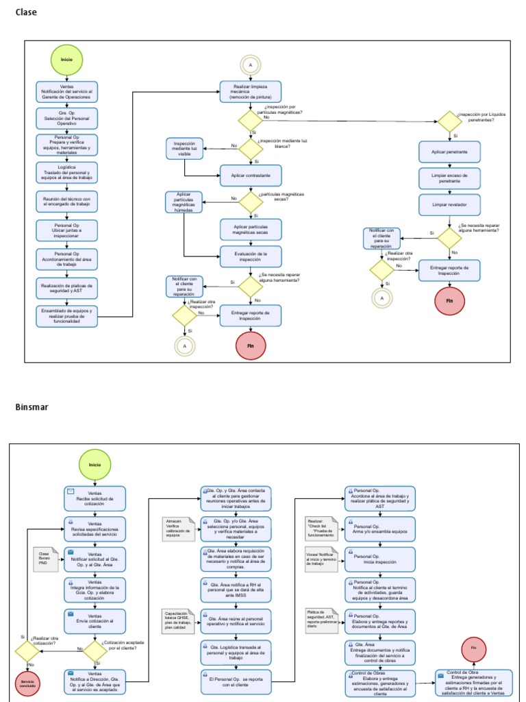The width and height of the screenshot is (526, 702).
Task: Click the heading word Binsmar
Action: click(x=31, y=407)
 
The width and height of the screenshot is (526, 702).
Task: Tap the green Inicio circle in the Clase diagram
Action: click(x=66, y=60)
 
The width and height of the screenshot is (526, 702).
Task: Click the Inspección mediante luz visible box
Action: click(x=185, y=149)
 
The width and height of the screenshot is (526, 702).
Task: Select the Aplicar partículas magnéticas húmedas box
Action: click(x=185, y=202)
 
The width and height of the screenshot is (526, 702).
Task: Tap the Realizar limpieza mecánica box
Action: click(x=250, y=92)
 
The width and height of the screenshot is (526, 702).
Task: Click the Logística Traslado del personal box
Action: click(x=66, y=171)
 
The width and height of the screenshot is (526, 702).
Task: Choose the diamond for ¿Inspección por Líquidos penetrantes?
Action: click(x=450, y=122)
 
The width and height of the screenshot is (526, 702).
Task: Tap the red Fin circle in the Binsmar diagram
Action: click(x=473, y=648)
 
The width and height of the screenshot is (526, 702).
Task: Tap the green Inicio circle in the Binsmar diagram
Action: click(x=95, y=464)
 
